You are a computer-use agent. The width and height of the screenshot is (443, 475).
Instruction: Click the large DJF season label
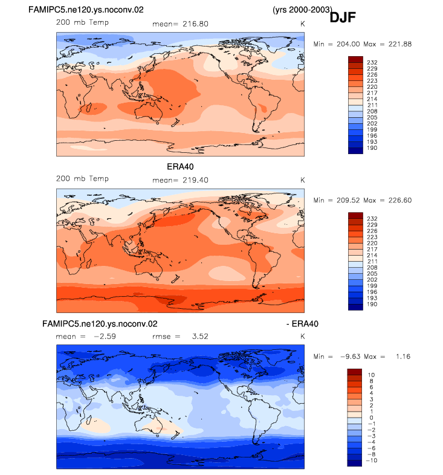point(343,18)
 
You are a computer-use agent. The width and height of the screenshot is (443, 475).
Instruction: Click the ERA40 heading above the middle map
point(180,167)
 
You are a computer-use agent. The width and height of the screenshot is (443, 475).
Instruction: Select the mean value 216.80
point(195,24)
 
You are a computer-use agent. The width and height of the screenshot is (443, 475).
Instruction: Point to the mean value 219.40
point(195,180)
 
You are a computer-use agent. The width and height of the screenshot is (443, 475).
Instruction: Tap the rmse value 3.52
point(200,337)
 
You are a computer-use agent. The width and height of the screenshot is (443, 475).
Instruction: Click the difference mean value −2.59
point(105,337)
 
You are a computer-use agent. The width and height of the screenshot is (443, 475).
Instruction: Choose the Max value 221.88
point(400,44)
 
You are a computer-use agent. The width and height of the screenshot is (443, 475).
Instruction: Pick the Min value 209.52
point(348,201)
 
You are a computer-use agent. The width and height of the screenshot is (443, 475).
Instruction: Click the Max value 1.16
point(403,357)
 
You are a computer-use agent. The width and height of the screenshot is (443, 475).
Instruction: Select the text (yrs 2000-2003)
point(302,10)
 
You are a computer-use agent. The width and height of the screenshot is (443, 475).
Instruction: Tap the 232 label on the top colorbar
point(372,63)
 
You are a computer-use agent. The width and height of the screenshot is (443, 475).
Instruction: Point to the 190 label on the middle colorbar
point(372,305)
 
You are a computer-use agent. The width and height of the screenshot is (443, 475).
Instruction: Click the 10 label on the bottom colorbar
point(371,375)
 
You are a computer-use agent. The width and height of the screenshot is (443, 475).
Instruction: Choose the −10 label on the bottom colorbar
point(371,460)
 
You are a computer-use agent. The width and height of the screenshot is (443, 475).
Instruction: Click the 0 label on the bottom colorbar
point(371,418)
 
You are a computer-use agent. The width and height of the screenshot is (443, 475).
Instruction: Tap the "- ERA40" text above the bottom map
point(302,324)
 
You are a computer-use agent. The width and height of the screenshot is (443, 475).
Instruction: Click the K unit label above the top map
point(302,24)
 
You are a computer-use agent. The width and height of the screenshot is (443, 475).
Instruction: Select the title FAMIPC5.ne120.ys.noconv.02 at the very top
point(86,10)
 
